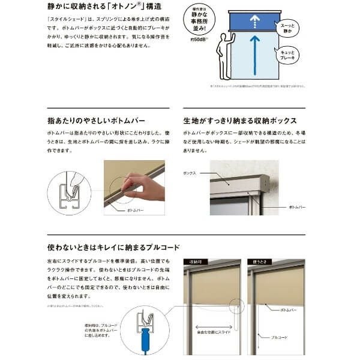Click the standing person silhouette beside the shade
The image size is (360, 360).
tap(226, 55)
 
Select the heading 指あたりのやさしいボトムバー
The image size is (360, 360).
tap(97, 120)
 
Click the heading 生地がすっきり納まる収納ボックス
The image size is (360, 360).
tap(243, 120)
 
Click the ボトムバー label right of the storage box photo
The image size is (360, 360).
tap(294, 207)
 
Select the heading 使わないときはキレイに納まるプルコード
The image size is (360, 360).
tap(113, 246)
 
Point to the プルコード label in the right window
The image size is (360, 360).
tap(278, 337)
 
